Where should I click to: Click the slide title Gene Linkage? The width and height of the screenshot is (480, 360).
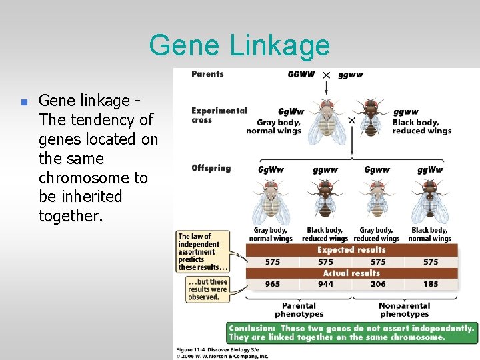(x=239, y=45)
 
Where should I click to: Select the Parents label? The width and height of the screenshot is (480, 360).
(x=207, y=74)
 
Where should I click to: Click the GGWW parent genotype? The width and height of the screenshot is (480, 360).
(x=301, y=75)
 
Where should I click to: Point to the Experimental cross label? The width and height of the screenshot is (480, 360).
(x=219, y=115)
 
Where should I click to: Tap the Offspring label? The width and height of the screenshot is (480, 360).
(x=211, y=167)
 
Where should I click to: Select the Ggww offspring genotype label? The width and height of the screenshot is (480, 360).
(x=377, y=170)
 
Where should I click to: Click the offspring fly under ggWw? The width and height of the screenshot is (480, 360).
(x=429, y=203)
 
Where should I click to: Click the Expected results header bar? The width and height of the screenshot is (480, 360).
(x=351, y=250)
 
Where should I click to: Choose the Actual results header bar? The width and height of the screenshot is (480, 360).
(x=351, y=273)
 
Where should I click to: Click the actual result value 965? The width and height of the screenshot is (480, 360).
(x=272, y=284)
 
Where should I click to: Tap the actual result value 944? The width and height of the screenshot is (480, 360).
(x=325, y=284)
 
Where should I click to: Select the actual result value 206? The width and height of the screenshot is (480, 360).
(x=378, y=284)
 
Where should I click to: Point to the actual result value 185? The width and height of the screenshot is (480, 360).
(x=431, y=284)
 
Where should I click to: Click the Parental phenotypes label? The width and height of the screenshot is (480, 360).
(x=299, y=310)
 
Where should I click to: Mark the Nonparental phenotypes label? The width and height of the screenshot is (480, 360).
(x=404, y=310)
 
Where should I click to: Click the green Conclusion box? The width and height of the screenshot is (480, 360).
(x=351, y=333)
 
